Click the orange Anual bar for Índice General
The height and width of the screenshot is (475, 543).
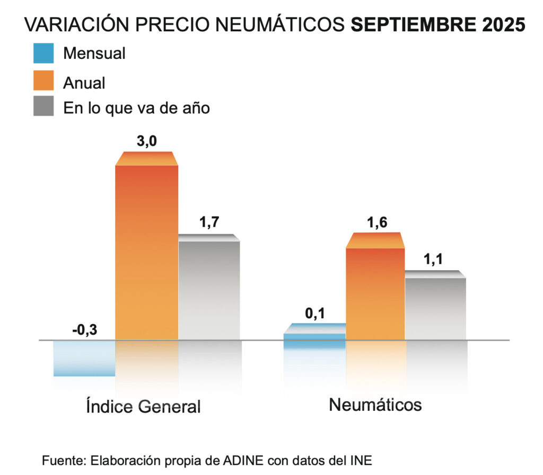146,249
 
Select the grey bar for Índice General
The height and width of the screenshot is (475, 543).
209,289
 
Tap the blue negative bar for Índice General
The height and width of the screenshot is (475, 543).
84,358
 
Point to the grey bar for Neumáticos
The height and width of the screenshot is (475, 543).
436,307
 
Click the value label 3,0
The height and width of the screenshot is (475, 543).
146,142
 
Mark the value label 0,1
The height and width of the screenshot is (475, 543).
314,313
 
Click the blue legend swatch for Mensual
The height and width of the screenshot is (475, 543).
43,53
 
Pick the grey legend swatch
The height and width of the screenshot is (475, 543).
43,106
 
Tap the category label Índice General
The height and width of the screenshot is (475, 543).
143,407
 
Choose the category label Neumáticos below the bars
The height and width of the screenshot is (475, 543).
375,405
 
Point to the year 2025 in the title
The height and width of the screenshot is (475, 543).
503,25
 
